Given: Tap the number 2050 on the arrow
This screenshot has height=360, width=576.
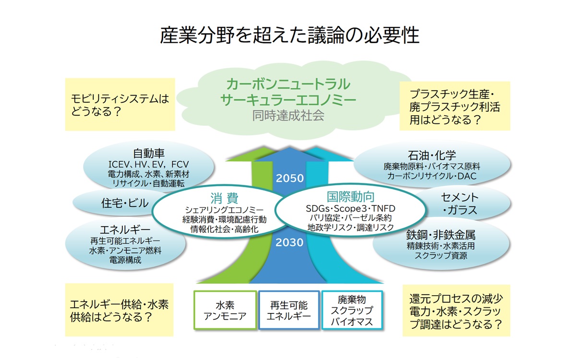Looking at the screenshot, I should [x=289, y=178].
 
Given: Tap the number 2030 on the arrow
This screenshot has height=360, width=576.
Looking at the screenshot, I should [x=289, y=242].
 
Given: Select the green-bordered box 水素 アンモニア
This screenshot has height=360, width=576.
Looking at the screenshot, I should [x=225, y=310].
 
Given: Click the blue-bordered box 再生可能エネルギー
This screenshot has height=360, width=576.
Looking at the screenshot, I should [x=288, y=310].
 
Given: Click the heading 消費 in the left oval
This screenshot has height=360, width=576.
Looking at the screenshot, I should [x=224, y=198].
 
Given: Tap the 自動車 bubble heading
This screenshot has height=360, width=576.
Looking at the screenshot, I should [x=149, y=154].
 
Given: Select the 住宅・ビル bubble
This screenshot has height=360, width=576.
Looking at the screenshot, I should [x=125, y=203].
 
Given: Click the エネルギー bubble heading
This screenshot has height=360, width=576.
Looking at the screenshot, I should [x=125, y=229].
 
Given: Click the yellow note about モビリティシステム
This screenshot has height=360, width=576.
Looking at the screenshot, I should [x=120, y=105].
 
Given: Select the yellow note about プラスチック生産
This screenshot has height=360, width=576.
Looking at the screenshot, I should [x=455, y=106].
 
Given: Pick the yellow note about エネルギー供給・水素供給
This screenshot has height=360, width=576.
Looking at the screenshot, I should [x=120, y=310].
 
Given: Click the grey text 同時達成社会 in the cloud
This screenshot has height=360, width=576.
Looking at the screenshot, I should [x=288, y=115].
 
